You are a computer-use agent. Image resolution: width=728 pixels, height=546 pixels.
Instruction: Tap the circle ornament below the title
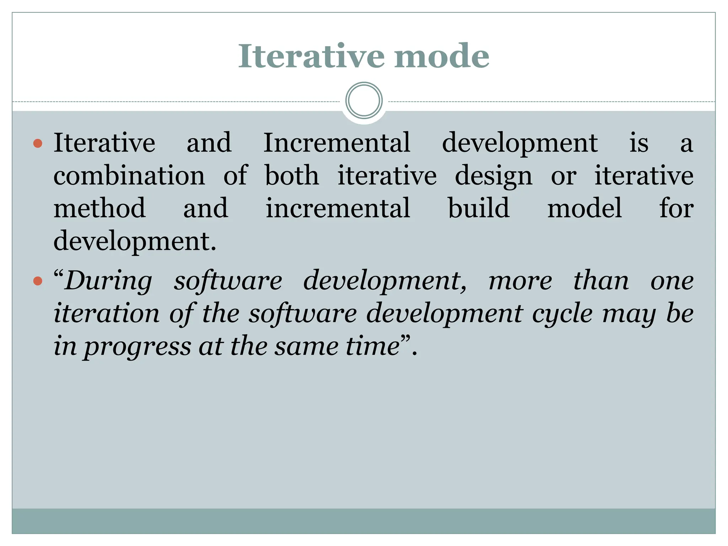(x=364, y=101)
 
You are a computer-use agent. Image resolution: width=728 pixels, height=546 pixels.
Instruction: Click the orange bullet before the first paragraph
(x=38, y=144)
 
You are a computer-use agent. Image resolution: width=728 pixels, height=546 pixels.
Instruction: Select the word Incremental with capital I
(x=337, y=143)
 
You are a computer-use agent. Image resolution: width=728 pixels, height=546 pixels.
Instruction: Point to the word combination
(x=129, y=176)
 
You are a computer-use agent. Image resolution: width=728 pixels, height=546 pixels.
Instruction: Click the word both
(x=292, y=176)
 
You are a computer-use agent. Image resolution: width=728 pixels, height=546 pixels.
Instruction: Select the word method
(x=100, y=208)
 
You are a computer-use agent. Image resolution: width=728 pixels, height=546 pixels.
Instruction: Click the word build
(x=478, y=208)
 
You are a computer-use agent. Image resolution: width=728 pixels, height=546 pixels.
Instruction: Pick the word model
(x=584, y=208)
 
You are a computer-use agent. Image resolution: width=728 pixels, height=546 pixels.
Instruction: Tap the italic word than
(x=601, y=281)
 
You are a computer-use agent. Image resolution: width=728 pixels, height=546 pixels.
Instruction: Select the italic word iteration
(x=107, y=314)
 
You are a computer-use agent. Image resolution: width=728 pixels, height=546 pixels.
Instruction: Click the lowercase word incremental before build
(x=338, y=208)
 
